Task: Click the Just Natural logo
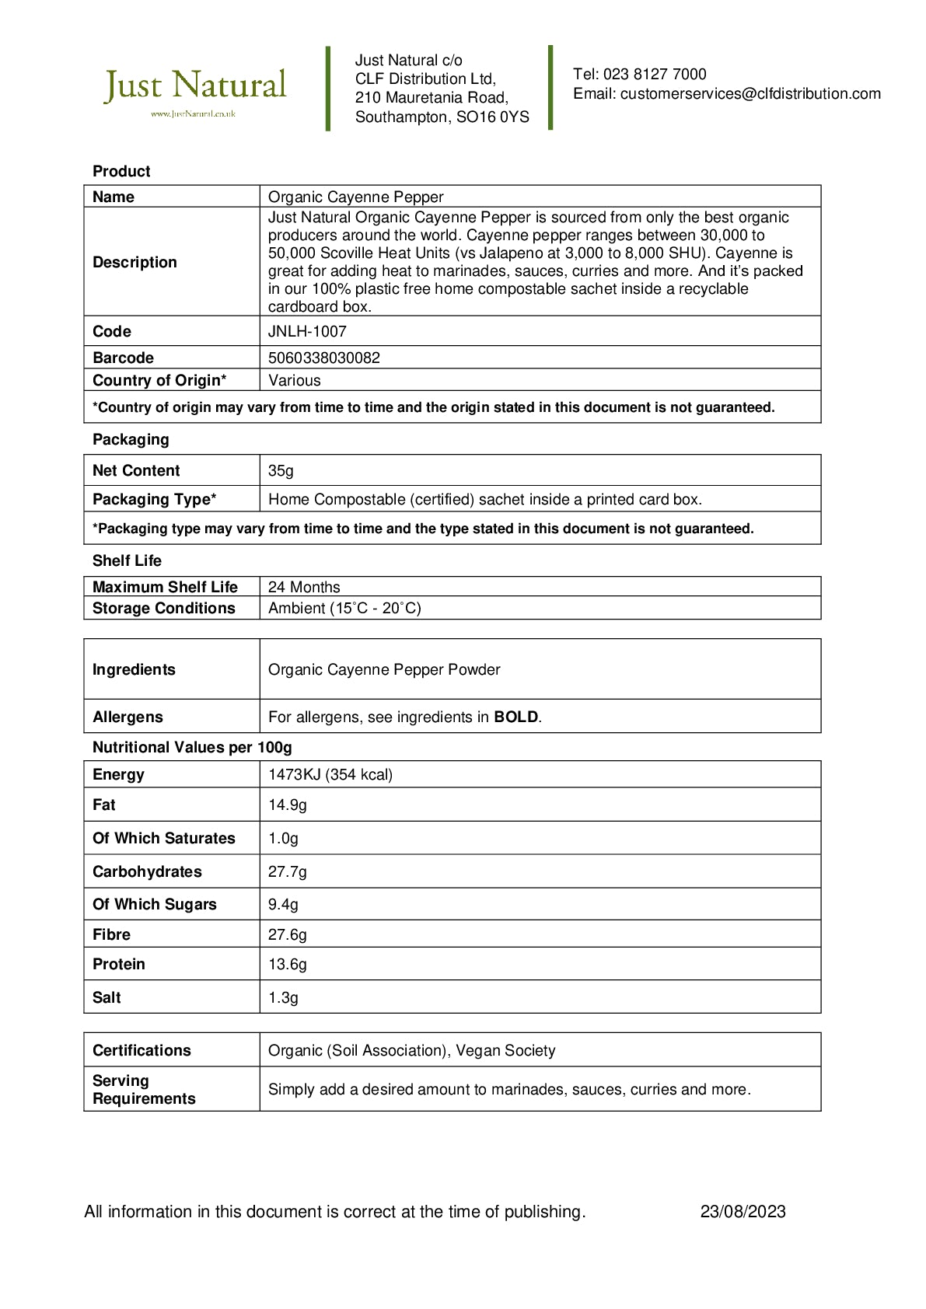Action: [x=195, y=89]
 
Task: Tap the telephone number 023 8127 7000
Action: [x=655, y=75]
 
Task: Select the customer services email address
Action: [x=750, y=94]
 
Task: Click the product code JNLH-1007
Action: [x=307, y=331]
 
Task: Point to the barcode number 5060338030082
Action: [x=324, y=358]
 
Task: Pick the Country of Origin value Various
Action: [x=294, y=380]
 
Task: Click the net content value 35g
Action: [x=281, y=470]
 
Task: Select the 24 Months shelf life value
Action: [x=304, y=587]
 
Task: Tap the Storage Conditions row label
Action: [x=163, y=608]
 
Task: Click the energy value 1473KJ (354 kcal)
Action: [x=330, y=774]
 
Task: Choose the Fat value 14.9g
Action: [x=288, y=805]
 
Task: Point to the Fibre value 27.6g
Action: [x=288, y=934]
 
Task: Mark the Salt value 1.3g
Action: [x=283, y=997]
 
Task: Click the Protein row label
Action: [x=119, y=964]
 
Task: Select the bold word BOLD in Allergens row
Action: [x=516, y=717]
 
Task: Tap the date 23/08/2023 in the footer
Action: [x=743, y=1211]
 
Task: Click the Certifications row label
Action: [x=142, y=1050]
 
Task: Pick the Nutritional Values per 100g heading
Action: [x=192, y=747]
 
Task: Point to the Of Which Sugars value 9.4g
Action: [x=283, y=904]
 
